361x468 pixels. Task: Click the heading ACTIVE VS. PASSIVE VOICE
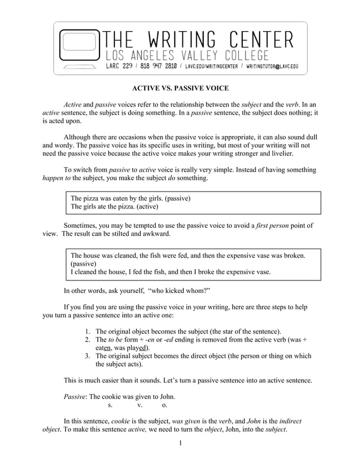[180, 88]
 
